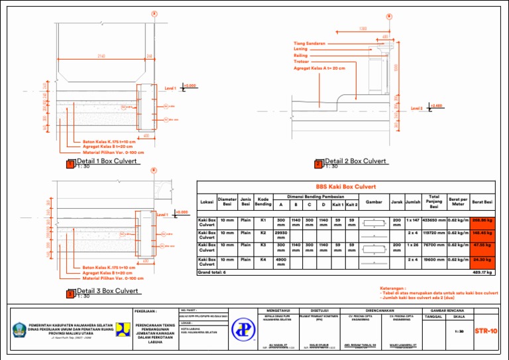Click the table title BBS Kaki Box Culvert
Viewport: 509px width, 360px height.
[345, 187]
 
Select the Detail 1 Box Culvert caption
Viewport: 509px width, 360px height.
[107, 161]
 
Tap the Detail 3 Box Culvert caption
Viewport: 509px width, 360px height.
[107, 291]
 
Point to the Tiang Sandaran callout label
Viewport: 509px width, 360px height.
[310, 43]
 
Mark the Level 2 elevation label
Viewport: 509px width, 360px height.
[417, 107]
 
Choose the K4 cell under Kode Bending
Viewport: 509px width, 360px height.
[263, 259]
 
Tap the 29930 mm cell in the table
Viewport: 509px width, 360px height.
[280, 235]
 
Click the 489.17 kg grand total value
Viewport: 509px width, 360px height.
[481, 272]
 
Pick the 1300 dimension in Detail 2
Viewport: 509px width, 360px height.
[363, 28]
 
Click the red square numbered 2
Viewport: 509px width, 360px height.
[318, 164]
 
